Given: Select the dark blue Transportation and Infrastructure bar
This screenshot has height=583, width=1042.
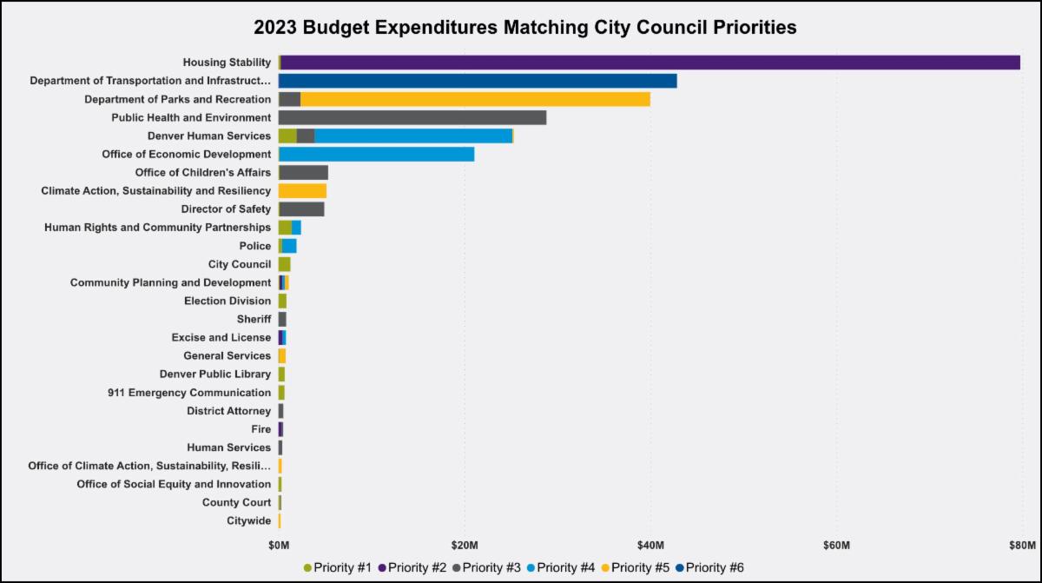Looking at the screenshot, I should point(478,81).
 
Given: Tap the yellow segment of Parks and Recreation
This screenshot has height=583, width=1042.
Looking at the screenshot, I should point(475,99).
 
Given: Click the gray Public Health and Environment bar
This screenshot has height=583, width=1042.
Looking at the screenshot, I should point(412,117).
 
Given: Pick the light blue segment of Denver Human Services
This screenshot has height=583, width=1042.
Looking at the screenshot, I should point(413,136).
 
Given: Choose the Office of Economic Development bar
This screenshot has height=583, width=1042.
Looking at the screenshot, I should point(376,154).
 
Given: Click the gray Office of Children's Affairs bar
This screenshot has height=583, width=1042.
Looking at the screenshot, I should point(304,172).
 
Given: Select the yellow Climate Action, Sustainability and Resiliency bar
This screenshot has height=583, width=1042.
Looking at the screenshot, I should point(302,190).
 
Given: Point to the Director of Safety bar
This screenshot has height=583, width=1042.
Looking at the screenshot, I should point(301,209).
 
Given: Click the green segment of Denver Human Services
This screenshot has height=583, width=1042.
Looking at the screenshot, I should point(287,136).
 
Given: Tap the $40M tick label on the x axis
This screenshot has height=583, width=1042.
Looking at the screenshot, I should point(650,546).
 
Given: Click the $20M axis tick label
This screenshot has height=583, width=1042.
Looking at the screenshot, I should point(465,546).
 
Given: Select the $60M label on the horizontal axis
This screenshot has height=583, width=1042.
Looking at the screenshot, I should point(836,546).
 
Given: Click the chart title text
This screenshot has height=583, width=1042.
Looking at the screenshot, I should point(524,28).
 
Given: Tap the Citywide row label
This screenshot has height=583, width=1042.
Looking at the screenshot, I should point(248,520).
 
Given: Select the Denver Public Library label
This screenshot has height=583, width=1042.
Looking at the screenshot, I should point(215,374).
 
